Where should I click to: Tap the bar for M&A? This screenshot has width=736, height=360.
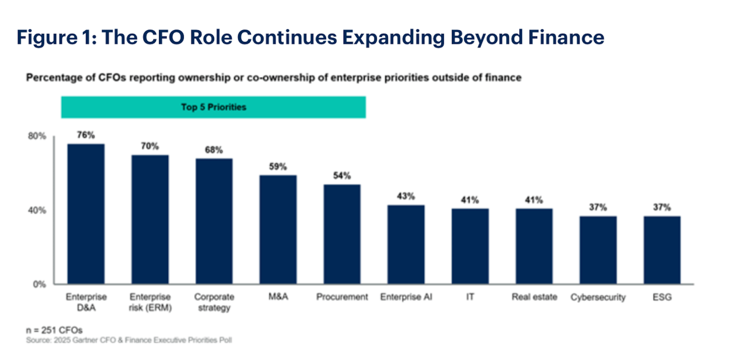pyautogui.click(x=278, y=230)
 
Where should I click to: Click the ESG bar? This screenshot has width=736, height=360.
pyautogui.click(x=662, y=250)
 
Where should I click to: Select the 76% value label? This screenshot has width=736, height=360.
pyautogui.click(x=86, y=136)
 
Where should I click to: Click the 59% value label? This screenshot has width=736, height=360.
pyautogui.click(x=278, y=167)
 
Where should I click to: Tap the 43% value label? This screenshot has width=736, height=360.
pyautogui.click(x=406, y=196)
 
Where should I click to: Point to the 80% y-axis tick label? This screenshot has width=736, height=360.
pyautogui.click(x=37, y=136)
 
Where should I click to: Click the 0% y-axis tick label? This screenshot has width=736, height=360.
pyautogui.click(x=39, y=284)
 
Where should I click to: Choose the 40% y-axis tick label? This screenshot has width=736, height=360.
pyautogui.click(x=37, y=210)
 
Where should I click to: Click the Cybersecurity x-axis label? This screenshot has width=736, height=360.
pyautogui.click(x=597, y=298)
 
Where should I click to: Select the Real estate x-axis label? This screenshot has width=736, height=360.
pyautogui.click(x=534, y=297)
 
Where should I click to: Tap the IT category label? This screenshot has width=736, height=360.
pyautogui.click(x=470, y=297)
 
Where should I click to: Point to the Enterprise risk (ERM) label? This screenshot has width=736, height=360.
pyautogui.click(x=150, y=302)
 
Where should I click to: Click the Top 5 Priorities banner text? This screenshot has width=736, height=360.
pyautogui.click(x=213, y=107)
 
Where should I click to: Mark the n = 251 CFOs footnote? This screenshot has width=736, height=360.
pyautogui.click(x=54, y=330)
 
